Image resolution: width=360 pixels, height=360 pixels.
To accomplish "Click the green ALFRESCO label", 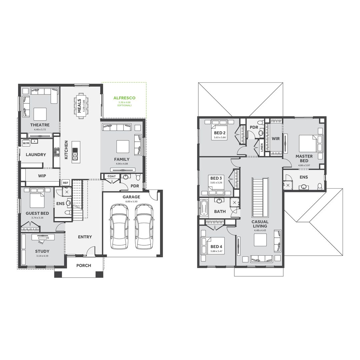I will click(124, 98).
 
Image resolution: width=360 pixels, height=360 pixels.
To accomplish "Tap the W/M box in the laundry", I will click(26, 143).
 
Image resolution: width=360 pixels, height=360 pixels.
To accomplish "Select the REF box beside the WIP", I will click(65, 183).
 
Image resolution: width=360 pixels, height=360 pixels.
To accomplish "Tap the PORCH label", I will click(84, 265).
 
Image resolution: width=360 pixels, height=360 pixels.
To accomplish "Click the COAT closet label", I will click(111, 176).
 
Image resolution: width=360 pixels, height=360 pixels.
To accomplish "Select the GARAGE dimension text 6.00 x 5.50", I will click(131, 202).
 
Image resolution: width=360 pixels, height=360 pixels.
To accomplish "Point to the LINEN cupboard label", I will click(262, 147).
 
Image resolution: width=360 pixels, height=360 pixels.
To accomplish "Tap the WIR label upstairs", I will click(276, 138).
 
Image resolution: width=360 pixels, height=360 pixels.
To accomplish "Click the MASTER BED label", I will click(304, 158).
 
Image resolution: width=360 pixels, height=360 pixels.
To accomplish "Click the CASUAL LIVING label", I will click(260, 224).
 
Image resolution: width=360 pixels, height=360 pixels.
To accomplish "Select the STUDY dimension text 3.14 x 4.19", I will click(42, 256).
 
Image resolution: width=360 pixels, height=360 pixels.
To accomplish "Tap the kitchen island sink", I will click(75, 154).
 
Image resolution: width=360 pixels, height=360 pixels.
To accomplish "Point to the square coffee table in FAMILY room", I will click(122, 146).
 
